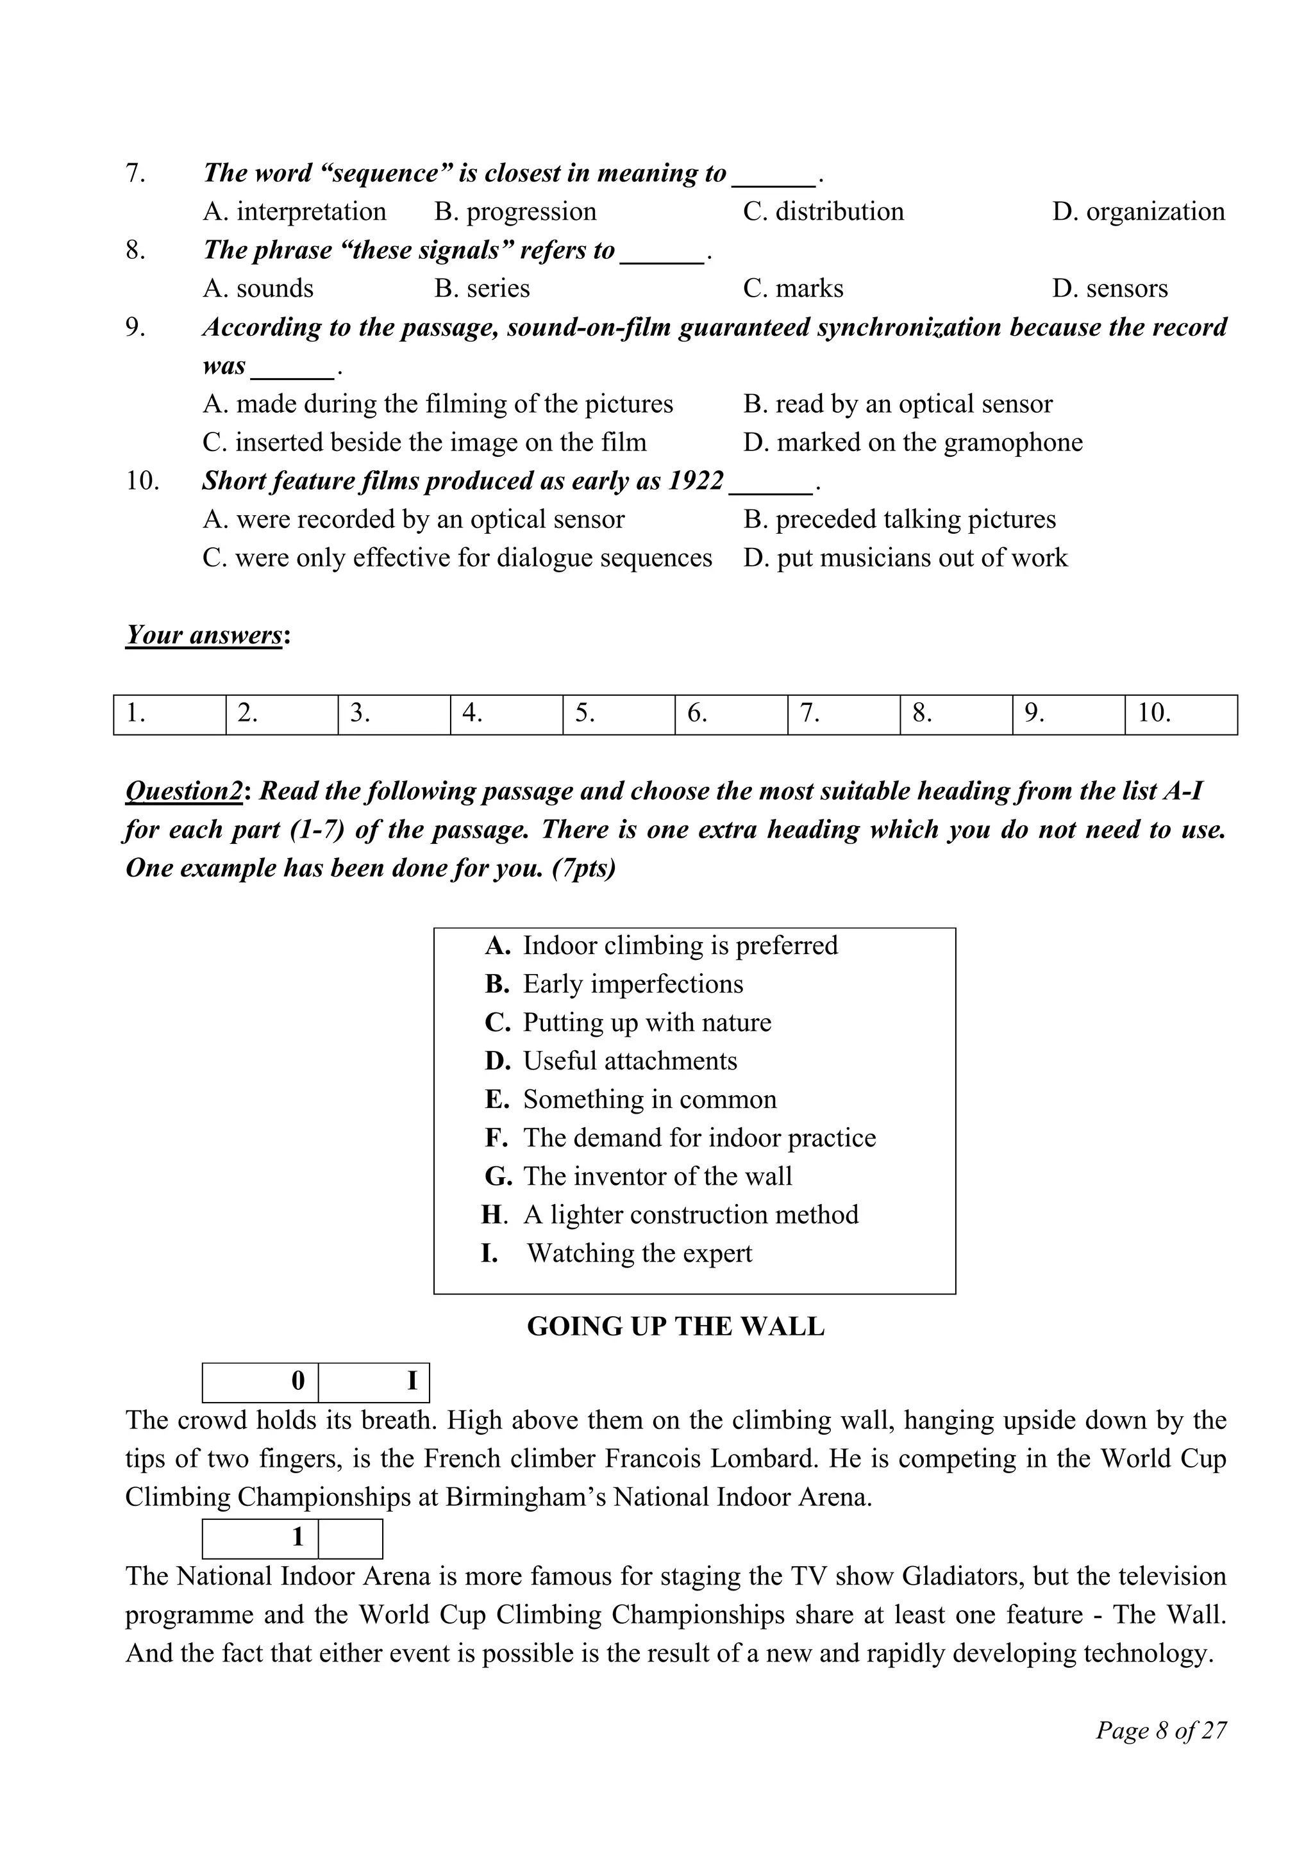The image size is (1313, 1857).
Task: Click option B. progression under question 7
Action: tap(515, 212)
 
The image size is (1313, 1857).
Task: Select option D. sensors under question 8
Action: tap(1109, 289)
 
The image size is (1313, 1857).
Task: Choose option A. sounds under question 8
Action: tap(258, 289)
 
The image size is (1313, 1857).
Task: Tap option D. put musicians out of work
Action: tap(905, 558)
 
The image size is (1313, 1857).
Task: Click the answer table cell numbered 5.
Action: tap(618, 714)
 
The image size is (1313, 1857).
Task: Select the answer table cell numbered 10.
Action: tap(1180, 714)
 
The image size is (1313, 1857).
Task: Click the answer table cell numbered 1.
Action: tap(169, 714)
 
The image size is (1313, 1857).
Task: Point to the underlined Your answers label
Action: tap(204, 635)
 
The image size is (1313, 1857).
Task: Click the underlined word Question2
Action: tap(183, 791)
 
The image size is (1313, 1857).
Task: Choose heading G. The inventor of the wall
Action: tap(639, 1176)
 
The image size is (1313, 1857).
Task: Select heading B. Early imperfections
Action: tap(614, 984)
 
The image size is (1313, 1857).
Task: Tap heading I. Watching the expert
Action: tap(617, 1253)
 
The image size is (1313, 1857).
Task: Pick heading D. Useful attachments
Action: tap(611, 1061)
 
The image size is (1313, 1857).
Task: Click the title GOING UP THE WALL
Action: tap(676, 1327)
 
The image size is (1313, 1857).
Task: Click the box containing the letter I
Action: tap(374, 1382)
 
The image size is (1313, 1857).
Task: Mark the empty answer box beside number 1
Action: tap(350, 1539)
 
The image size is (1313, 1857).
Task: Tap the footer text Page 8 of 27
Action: tap(1161, 1731)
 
